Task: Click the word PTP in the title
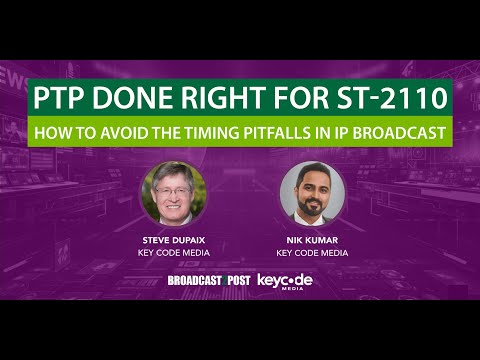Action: (63, 98)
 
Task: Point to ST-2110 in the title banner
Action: (386, 98)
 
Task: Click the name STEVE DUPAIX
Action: (172, 241)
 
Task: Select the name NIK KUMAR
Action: (312, 241)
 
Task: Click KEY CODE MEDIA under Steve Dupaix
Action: (172, 252)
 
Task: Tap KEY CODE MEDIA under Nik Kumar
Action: (312, 252)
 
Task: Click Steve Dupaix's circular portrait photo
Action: (172, 194)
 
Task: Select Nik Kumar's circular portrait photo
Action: (312, 194)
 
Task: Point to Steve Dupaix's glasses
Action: (171, 187)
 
